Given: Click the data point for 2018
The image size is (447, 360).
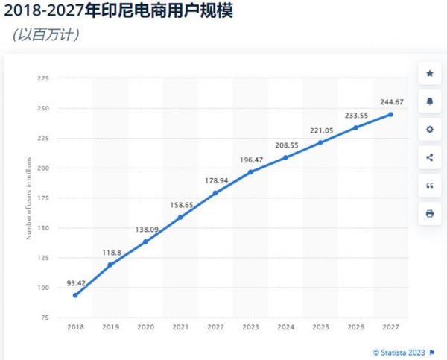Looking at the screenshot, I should point(75,295).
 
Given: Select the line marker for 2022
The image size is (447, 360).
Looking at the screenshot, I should point(215,193).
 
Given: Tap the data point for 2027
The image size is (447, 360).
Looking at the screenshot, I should point(390,114).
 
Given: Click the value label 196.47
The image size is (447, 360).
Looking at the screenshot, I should point(250,159).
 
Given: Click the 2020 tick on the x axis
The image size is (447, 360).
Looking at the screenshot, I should point(145,326).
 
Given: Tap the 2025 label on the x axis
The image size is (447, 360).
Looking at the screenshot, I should point(320,326).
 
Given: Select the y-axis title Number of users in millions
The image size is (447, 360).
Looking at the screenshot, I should point(28,198).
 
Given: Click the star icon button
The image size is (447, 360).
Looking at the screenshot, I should point(429,73).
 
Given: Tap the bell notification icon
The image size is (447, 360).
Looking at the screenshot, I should point(429,101).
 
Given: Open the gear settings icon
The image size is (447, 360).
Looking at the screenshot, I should point(429,129).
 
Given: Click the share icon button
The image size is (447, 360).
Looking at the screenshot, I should point(429,157).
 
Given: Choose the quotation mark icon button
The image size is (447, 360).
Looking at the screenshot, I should point(429,186).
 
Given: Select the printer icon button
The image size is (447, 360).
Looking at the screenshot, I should point(429,214).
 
